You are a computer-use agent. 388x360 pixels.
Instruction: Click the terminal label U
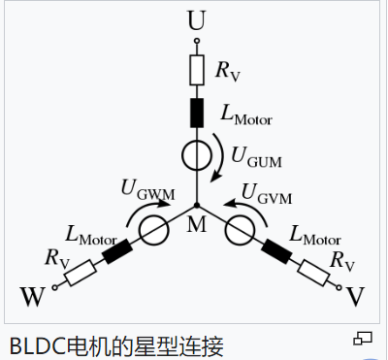point(196,18)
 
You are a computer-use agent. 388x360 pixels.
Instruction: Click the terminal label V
point(357,293)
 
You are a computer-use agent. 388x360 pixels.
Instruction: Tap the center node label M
point(197,226)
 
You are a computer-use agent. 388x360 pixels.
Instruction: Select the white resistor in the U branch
point(196,70)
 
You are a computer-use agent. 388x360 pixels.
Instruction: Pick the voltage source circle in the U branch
point(196,154)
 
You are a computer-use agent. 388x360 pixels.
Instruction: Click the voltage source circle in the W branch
point(153,230)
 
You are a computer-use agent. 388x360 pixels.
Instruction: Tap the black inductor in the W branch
point(117,251)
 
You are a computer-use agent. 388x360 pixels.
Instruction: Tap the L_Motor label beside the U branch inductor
point(246,114)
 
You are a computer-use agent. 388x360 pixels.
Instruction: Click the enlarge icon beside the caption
point(364,338)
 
